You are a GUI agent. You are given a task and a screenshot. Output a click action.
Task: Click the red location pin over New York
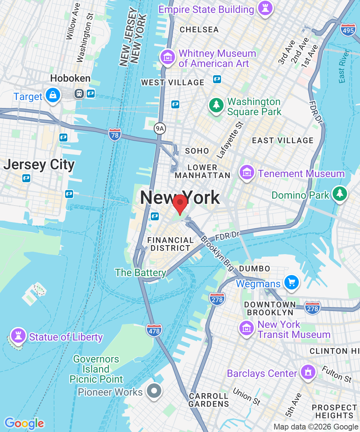180,203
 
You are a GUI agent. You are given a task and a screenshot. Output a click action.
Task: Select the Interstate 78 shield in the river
114,134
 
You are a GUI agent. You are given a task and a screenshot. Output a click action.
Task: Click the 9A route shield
159,128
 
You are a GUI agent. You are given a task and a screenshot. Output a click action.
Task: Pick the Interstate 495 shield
348,31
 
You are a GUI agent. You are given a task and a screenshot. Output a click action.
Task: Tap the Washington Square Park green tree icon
216,105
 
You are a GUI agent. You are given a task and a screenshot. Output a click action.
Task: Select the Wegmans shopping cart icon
292,282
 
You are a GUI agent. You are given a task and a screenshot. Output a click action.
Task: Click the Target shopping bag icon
53,95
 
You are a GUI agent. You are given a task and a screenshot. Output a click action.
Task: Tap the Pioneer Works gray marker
154,391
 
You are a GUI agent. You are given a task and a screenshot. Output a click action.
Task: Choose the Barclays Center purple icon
307,372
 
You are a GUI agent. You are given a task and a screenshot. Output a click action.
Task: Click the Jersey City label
39,165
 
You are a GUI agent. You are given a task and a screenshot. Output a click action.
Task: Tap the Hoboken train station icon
79,94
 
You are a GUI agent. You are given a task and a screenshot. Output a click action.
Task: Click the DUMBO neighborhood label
255,269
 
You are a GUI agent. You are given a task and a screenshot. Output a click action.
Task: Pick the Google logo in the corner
24,423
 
